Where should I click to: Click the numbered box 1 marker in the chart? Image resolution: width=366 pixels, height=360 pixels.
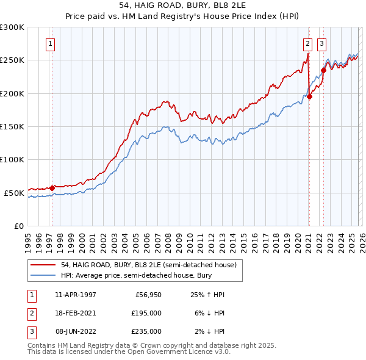coord(49,43)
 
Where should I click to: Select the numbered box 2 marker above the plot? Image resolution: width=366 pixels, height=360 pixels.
coord(307,43)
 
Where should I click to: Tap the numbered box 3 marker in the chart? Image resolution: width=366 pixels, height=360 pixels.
coord(321,43)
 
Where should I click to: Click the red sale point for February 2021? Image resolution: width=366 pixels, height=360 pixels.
coord(309,96)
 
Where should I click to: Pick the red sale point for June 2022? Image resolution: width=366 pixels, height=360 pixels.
coord(323,70)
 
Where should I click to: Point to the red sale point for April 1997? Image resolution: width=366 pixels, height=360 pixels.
coord(52,188)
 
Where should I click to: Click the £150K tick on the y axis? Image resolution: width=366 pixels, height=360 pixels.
coord(12,126)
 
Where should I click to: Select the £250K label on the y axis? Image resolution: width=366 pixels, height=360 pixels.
coord(12,60)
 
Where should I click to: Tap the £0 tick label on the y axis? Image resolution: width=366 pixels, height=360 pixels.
coord(18,226)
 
